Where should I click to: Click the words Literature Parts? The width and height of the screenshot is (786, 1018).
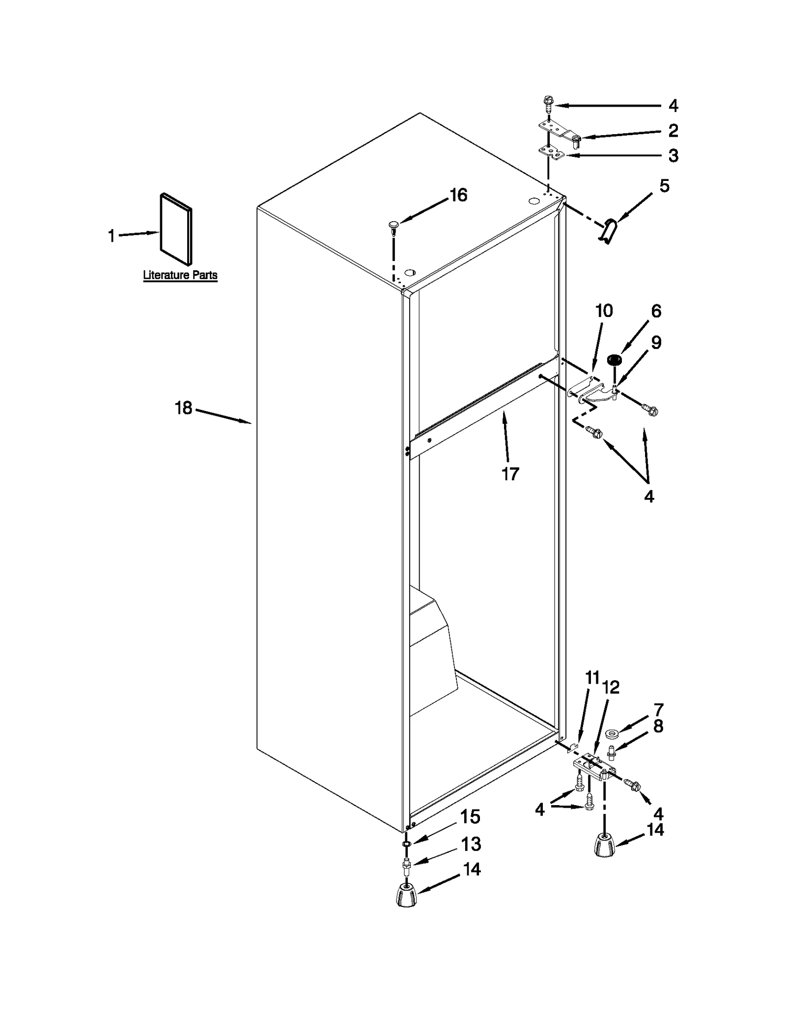180,275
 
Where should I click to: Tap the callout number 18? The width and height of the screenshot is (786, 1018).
184,408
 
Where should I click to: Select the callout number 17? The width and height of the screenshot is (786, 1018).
510,474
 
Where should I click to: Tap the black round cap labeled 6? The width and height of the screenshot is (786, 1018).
614,360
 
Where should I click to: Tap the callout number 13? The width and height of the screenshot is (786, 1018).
471,844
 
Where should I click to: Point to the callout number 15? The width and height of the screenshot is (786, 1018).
470,817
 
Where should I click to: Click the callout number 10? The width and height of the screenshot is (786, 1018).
604,311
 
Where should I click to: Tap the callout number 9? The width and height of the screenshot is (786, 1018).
656,343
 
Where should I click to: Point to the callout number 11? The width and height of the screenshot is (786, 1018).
592,678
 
